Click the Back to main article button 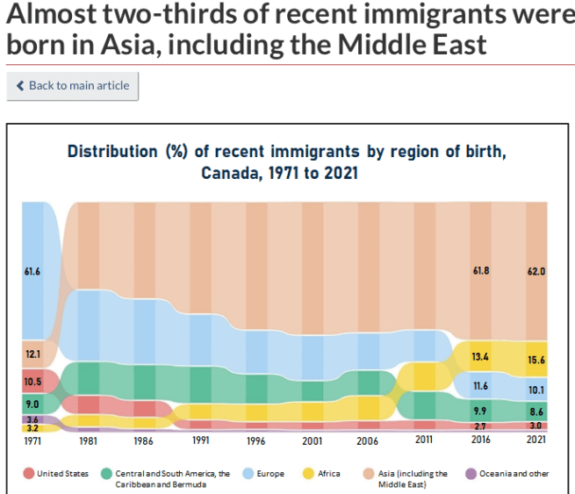(x=72, y=86)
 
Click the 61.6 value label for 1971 (x=32, y=272)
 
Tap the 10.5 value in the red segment (x=32, y=382)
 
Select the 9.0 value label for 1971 (x=32, y=404)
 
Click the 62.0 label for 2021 (x=536, y=272)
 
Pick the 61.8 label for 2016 (x=481, y=272)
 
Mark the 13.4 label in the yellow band (x=481, y=357)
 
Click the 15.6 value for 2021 (x=536, y=361)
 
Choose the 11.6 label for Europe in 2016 (x=481, y=386)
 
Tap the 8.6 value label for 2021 (x=536, y=411)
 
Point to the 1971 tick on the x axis (x=32, y=441)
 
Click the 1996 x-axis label (x=256, y=441)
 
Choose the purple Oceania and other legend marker (x=471, y=474)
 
